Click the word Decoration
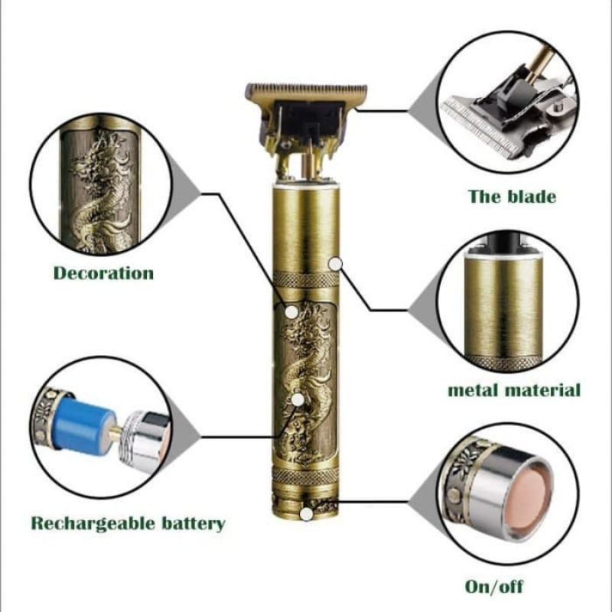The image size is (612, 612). coord(103,273)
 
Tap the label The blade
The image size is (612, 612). coord(512,196)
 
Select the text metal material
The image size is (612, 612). coord(513,390)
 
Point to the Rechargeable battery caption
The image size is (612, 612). coord(128,524)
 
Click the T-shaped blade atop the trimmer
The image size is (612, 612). coord(306,95)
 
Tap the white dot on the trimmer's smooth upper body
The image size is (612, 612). coord(334,263)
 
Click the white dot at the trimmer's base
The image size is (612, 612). coord(306,514)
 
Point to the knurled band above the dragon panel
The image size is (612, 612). coord(306,280)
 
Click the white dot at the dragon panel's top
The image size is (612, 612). coord(291,311)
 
